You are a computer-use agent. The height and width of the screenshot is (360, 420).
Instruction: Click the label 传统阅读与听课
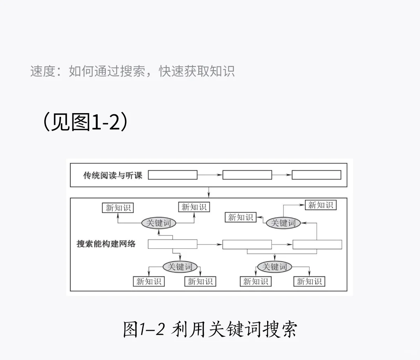click(x=113, y=175)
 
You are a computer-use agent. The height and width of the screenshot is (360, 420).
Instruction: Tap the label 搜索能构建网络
click(x=106, y=244)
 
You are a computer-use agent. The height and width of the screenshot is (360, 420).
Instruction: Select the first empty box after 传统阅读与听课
click(x=173, y=175)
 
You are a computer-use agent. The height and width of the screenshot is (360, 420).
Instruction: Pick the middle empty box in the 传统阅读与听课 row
click(x=247, y=175)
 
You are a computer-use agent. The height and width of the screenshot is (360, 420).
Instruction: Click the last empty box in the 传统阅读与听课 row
click(x=317, y=175)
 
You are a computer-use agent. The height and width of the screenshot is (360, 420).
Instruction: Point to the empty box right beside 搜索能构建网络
click(x=173, y=244)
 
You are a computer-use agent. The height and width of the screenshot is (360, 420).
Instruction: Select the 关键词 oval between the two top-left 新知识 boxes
click(x=158, y=223)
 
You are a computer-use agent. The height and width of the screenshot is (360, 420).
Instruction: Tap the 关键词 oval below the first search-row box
click(x=180, y=267)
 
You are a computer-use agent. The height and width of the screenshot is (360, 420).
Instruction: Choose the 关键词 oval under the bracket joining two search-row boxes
click(x=275, y=267)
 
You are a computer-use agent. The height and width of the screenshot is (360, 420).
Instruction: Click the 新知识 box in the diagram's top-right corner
click(x=320, y=205)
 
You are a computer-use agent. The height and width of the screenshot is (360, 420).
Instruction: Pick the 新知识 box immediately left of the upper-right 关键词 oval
click(x=240, y=217)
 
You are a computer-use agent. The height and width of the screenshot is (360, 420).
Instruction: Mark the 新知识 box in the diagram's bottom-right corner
click(x=309, y=281)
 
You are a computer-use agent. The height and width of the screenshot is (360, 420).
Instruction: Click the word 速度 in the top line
click(x=43, y=72)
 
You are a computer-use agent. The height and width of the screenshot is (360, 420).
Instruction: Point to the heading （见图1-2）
click(x=85, y=122)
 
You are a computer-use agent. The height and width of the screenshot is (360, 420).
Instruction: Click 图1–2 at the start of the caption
click(x=144, y=330)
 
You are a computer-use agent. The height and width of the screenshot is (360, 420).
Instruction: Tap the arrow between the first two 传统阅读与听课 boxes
click(x=210, y=175)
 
